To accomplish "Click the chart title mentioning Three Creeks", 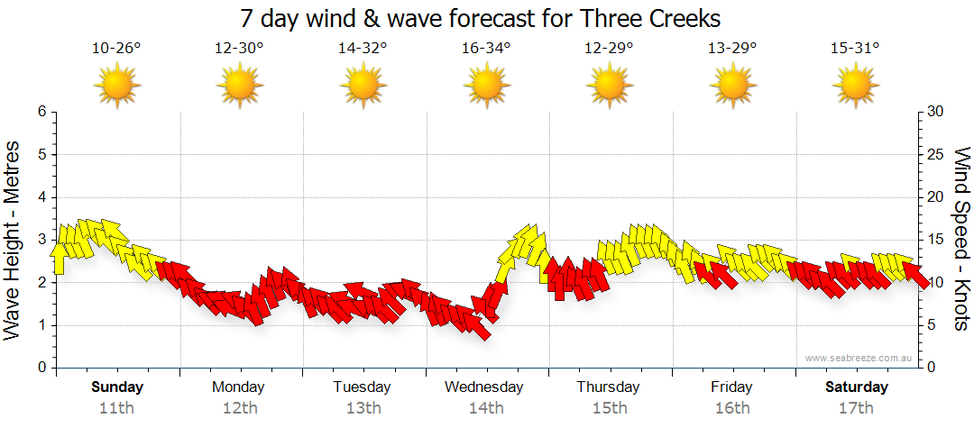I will click(482, 18).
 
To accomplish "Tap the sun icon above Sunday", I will click(116, 87).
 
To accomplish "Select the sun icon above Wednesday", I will click(486, 87).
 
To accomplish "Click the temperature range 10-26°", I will click(116, 48).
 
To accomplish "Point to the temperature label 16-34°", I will click(486, 48).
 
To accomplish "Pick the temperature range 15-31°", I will click(856, 48).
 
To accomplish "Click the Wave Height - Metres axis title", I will click(14, 240).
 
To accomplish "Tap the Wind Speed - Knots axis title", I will click(960, 240).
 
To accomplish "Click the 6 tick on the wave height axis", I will click(41, 112).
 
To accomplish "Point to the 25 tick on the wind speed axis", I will click(936, 154).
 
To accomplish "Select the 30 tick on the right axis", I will click(936, 112).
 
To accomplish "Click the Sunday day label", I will click(117, 387).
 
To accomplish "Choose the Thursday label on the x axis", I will click(608, 387).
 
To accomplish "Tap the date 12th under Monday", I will click(239, 407).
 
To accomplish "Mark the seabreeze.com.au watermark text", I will click(859, 358).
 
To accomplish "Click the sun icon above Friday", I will click(731, 87).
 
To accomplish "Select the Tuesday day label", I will click(362, 387).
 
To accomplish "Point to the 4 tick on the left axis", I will click(41, 197).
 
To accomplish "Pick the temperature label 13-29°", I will click(731, 48).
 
